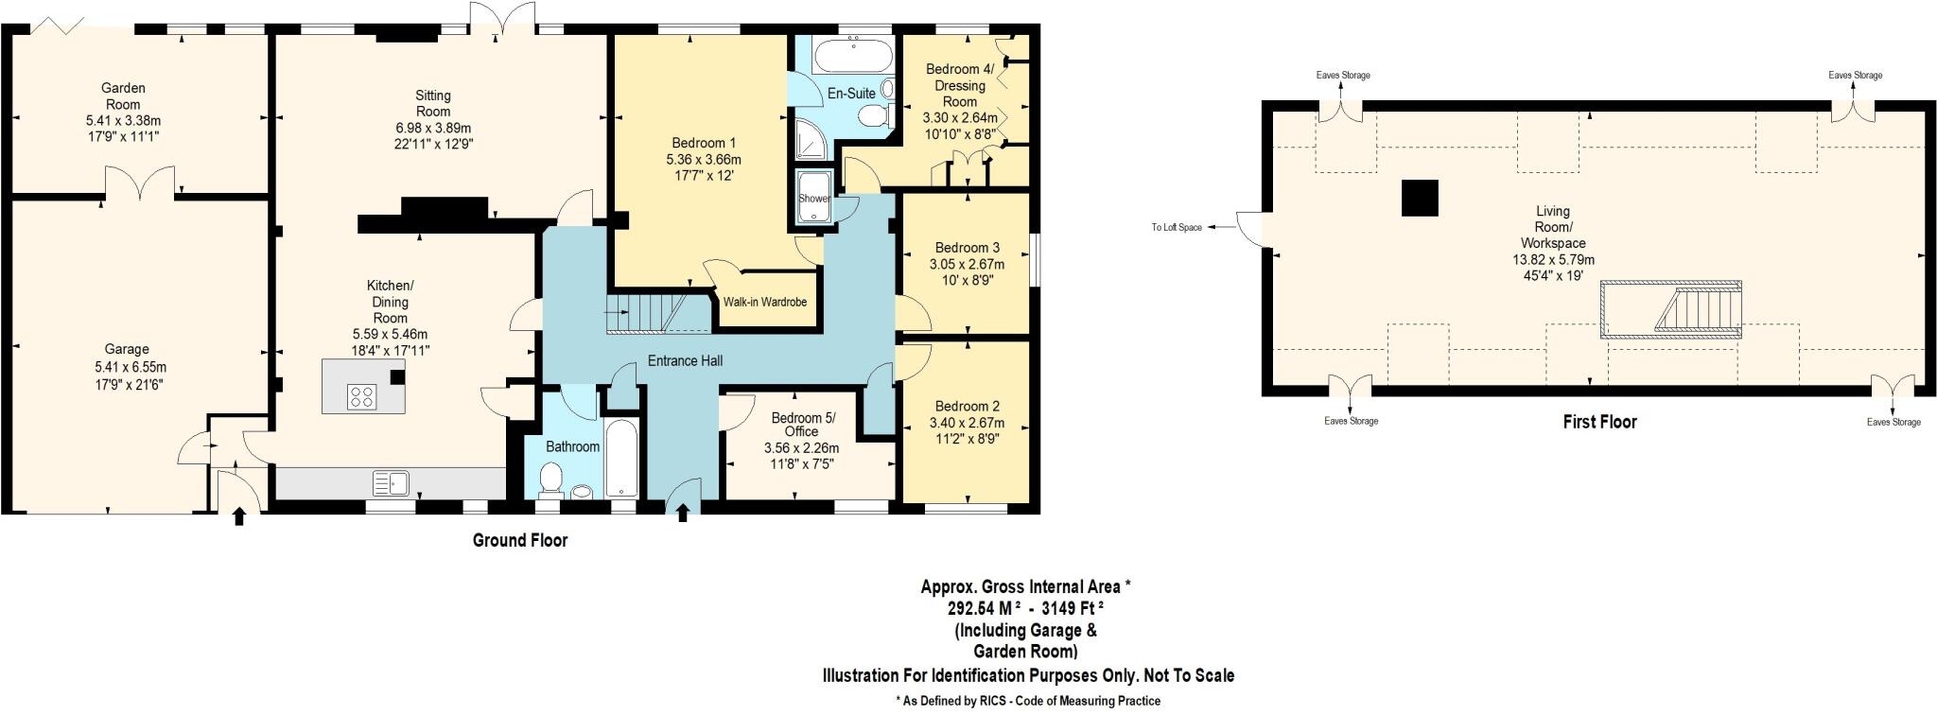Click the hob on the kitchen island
tap(360, 397)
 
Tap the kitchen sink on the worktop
tap(391, 484)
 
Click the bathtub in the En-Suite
tap(852, 56)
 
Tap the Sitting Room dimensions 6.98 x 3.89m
tap(433, 128)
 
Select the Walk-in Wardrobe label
tap(764, 303)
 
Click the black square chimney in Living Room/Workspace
tap(1419, 198)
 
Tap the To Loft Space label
tap(1176, 228)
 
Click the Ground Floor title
tap(520, 541)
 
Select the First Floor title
tap(1599, 422)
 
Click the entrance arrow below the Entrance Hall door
tap(683, 513)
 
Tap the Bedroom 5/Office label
tap(803, 425)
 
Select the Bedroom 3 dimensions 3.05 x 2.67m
tap(967, 264)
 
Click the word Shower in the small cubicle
tap(813, 199)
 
